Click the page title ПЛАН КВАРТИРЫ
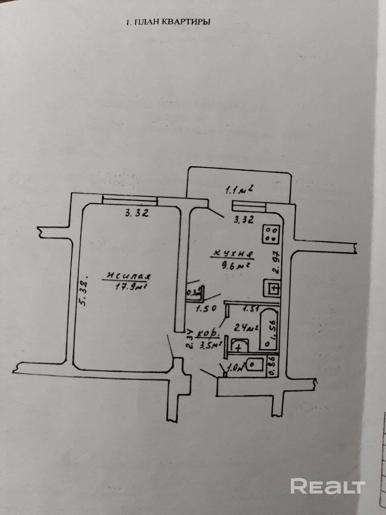pyautogui.click(x=168, y=22)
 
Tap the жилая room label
pyautogui.click(x=128, y=276)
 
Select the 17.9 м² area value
pyautogui.click(x=129, y=286)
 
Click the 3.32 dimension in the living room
pyautogui.click(x=137, y=214)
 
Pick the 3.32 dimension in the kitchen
pyautogui.click(x=244, y=220)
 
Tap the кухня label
pyautogui.click(x=232, y=254)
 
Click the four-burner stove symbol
pyautogui.click(x=271, y=234)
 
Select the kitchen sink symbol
pyautogui.click(x=272, y=288)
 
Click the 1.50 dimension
pyautogui.click(x=206, y=309)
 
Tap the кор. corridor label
pyautogui.click(x=208, y=334)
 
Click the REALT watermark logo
pyautogui.click(x=328, y=486)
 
